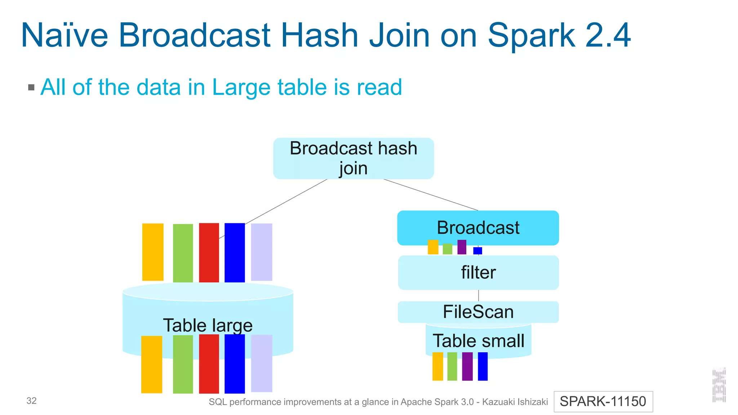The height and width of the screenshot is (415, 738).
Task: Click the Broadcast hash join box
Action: point(353,159)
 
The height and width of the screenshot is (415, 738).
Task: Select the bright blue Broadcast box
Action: point(478,228)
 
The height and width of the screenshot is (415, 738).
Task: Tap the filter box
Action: point(478,273)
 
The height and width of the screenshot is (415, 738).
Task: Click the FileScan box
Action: point(478,312)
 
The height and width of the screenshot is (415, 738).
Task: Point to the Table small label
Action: point(478,341)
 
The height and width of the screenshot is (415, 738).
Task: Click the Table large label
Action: point(208,325)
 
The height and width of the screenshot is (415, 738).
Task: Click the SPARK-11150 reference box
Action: point(603,401)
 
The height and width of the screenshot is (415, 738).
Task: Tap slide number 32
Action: point(32,401)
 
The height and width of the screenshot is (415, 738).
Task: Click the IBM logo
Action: point(719,385)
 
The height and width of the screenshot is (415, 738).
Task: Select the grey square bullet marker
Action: point(31,88)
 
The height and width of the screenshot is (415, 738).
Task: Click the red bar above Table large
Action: point(209,253)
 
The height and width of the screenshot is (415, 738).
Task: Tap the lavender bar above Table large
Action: point(261,252)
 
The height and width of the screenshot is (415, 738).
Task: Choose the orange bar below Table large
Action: point(152,364)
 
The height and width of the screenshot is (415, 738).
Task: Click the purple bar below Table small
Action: point(467,366)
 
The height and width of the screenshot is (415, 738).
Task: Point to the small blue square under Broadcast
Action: point(477,251)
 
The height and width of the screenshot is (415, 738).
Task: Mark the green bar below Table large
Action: point(183,364)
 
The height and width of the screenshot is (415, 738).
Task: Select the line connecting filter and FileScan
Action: point(479,295)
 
